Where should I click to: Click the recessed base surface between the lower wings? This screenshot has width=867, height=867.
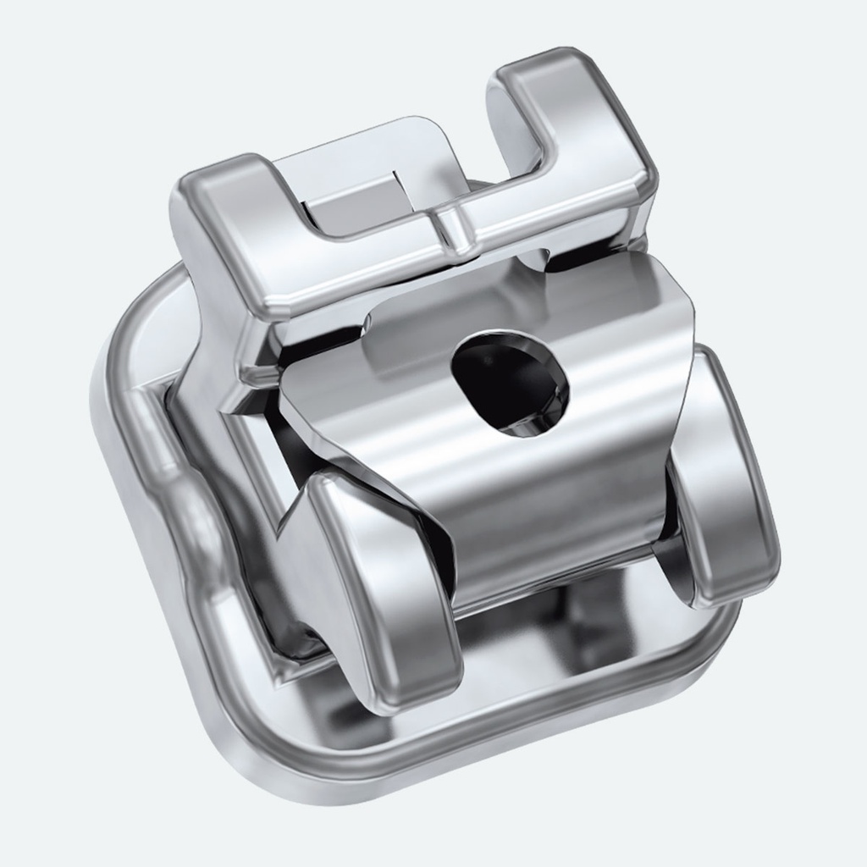click(x=550, y=660)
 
